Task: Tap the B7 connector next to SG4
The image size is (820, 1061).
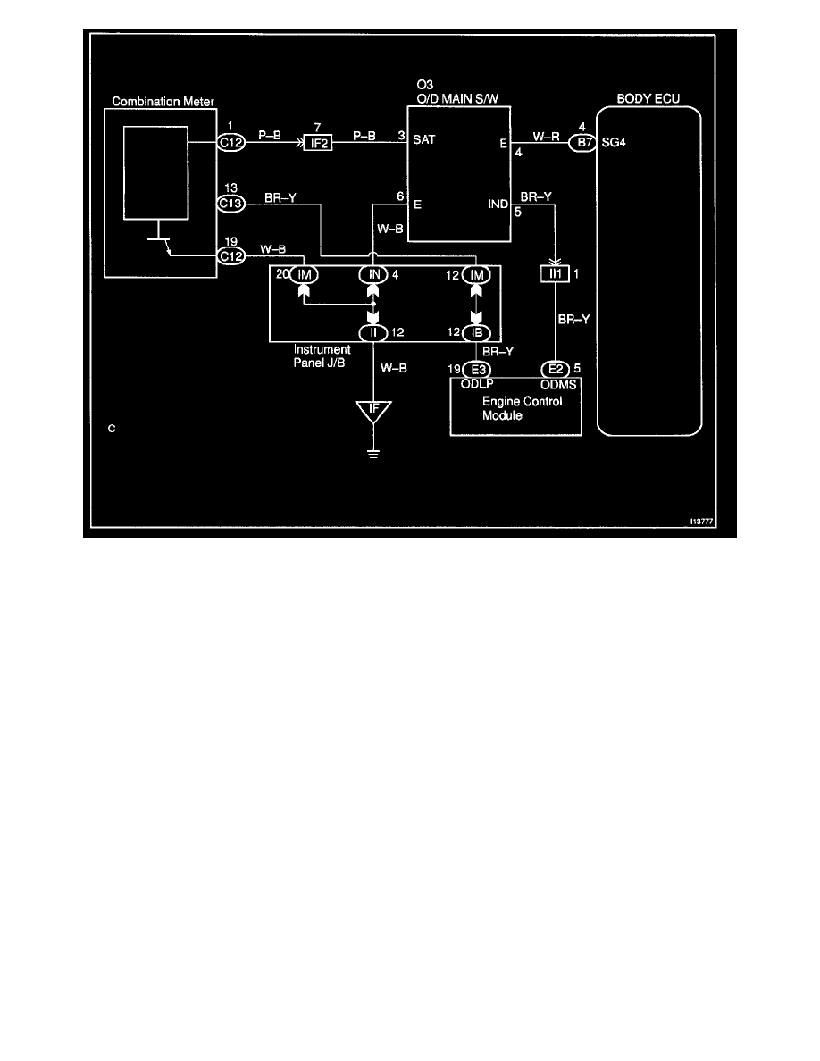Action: tap(582, 140)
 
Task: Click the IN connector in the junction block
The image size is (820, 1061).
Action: tap(373, 275)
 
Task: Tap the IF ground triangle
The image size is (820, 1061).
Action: tap(373, 413)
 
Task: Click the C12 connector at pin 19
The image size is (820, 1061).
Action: tap(230, 256)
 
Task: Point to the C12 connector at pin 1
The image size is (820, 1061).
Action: tap(230, 140)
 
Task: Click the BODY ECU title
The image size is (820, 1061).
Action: tap(648, 96)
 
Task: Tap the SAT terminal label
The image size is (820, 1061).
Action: tap(423, 140)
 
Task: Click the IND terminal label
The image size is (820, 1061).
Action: tap(498, 205)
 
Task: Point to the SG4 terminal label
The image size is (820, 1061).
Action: tap(612, 141)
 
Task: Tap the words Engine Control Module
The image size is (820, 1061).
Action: tap(515, 408)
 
